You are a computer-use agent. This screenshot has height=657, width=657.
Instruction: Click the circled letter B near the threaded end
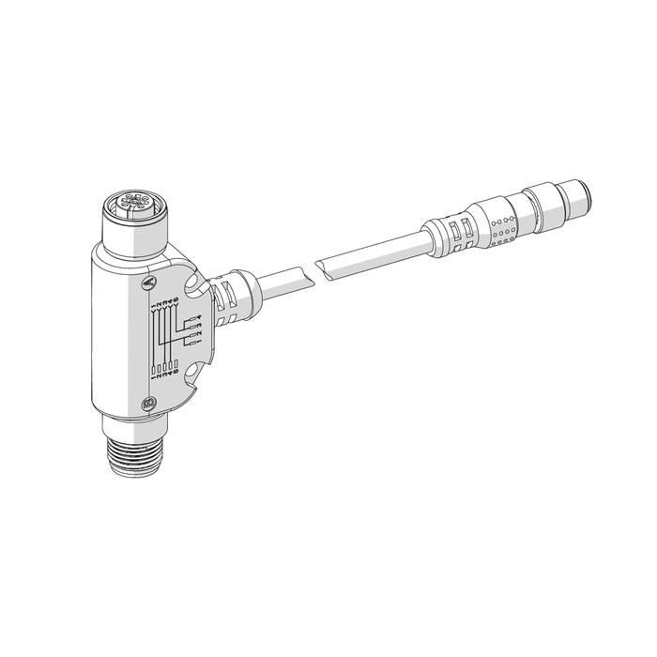click(148, 405)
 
